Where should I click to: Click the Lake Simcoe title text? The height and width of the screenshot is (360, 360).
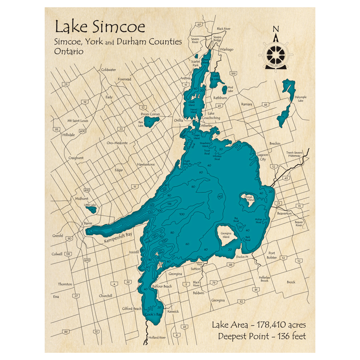click(x=100, y=27)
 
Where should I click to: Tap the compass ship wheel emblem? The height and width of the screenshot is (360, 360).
click(x=276, y=54)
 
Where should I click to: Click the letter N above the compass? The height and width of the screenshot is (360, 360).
click(x=276, y=29)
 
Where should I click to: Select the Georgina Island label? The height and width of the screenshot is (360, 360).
click(x=225, y=235)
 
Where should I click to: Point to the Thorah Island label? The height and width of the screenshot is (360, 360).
click(x=249, y=198)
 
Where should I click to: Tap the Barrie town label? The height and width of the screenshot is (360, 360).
click(x=88, y=223)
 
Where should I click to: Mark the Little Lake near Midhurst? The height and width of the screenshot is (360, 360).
click(x=91, y=210)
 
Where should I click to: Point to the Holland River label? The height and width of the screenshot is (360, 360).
click(x=157, y=338)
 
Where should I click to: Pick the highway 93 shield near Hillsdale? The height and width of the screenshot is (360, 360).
click(x=56, y=130)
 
